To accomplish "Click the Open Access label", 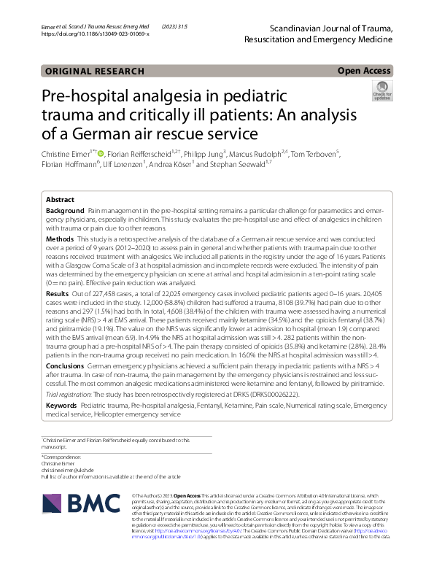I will click(364, 71).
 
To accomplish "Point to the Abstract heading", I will click(60, 199).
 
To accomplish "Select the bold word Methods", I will click(60, 239).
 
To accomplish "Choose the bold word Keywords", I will click(62, 403).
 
